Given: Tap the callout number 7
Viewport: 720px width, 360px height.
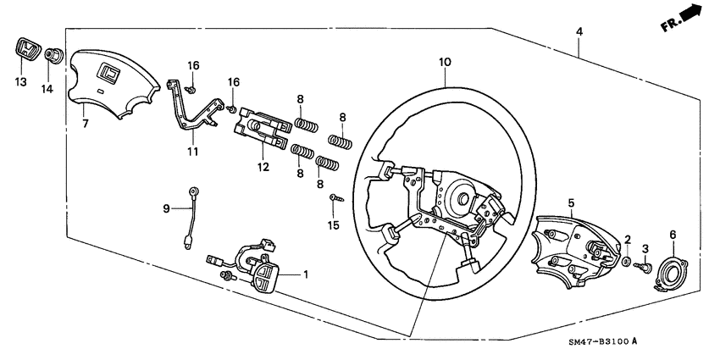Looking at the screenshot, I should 84,124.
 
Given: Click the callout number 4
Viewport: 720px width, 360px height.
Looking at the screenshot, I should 579,31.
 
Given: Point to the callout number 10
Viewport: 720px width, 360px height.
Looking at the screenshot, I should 445,62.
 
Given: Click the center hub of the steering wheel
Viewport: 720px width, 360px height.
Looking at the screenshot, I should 465,202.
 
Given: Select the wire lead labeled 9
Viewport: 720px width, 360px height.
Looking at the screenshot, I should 190,216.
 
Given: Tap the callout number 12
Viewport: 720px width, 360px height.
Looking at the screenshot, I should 263,167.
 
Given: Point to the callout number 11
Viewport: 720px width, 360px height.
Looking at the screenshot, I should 192,152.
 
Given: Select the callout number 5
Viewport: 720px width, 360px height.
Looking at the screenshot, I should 571,203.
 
